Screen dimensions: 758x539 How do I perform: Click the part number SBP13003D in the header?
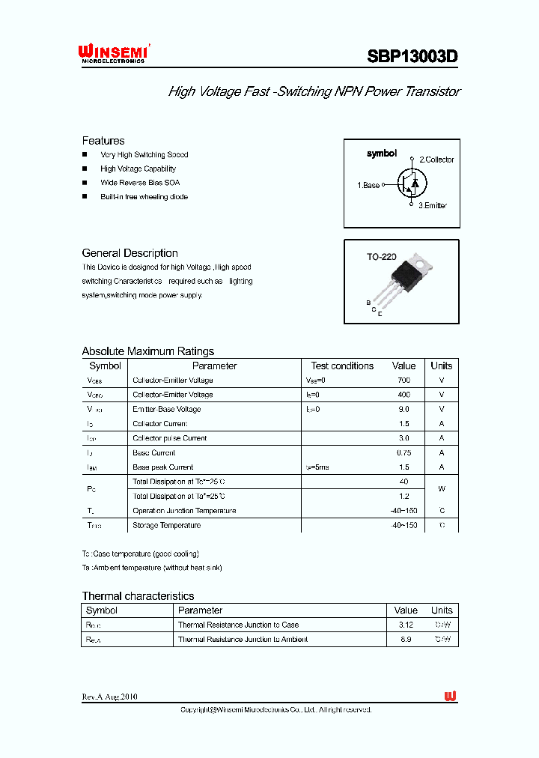pos(412,56)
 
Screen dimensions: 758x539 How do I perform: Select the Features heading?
pos(103,141)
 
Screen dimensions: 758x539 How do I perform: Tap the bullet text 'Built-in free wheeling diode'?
pos(144,197)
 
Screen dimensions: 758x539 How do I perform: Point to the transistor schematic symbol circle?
pos(411,182)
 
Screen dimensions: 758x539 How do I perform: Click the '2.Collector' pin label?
pos(436,160)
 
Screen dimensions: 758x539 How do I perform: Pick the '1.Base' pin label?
pos(368,185)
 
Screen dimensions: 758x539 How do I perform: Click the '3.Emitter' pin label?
pos(432,205)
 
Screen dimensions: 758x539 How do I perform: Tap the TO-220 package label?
pos(381,257)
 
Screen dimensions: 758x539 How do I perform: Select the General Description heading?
pos(130,253)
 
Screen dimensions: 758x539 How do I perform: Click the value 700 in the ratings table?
pos(404,380)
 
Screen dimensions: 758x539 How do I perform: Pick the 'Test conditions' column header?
pos(342,366)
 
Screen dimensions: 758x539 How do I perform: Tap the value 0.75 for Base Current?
pos(404,452)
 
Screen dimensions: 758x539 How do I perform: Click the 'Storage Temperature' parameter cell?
pos(166,525)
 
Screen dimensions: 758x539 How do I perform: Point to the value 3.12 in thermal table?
pos(406,625)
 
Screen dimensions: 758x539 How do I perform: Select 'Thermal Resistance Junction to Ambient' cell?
pos(243,640)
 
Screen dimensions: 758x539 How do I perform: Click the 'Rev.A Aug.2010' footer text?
pos(109,697)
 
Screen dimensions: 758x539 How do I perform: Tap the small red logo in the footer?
pos(450,697)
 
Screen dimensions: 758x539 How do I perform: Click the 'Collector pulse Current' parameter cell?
pos(169,438)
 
